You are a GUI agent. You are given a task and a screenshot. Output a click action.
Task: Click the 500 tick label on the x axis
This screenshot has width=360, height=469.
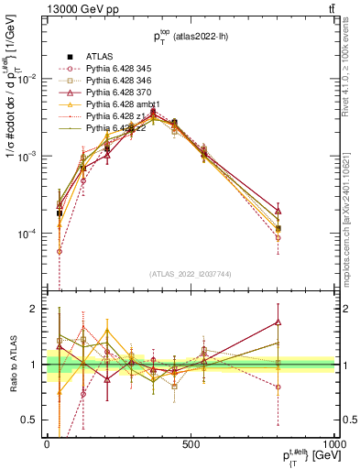tap(191, 443)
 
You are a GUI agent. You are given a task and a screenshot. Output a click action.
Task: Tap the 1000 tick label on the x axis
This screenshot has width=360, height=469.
tap(333, 443)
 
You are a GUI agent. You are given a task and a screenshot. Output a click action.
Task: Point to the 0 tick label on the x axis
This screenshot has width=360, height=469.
tap(47, 443)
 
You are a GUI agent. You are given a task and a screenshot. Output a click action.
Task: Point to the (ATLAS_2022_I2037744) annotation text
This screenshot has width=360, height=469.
tap(191, 287)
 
